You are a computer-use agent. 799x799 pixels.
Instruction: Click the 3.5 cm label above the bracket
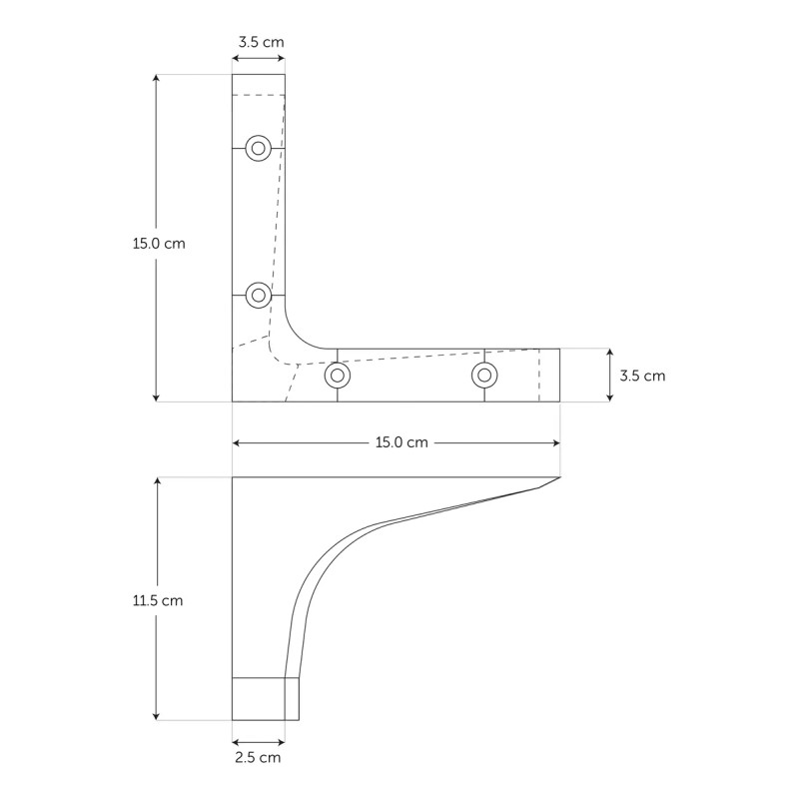click(260, 42)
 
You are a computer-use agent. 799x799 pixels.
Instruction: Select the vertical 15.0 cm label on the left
click(159, 243)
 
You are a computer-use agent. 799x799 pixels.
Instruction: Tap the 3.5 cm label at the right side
click(642, 376)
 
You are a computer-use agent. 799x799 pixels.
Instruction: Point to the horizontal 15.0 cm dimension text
click(401, 442)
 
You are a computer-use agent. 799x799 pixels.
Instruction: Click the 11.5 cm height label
click(158, 600)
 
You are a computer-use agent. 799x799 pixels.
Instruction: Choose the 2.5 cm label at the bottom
click(258, 758)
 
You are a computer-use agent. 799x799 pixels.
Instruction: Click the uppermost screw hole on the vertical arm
click(259, 149)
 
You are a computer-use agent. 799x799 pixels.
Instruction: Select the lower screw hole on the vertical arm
click(259, 295)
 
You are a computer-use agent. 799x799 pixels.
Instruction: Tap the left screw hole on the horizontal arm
click(338, 376)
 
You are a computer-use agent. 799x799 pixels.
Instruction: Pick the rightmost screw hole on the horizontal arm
click(484, 376)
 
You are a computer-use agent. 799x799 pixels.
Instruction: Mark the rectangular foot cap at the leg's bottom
click(265, 698)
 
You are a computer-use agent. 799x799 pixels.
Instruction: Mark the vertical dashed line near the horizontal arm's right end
click(539, 376)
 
